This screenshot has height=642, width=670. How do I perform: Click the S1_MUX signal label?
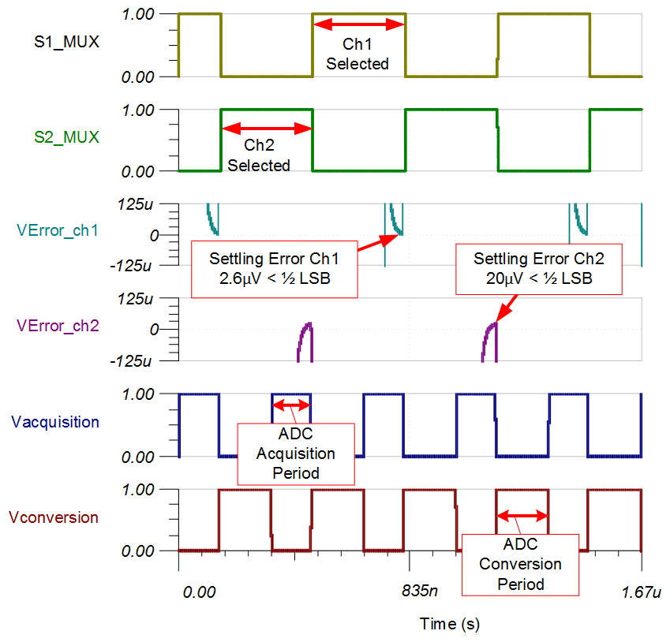pos(67,42)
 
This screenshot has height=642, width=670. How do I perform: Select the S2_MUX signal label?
pos(67,137)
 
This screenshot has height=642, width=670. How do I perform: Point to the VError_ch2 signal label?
pos(58,326)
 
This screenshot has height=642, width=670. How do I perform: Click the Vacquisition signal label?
pos(55,422)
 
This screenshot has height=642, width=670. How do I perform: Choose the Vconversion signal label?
pos(54,517)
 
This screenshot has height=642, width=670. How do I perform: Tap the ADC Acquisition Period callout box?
pos(296,454)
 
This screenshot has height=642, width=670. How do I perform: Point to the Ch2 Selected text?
pos(259,155)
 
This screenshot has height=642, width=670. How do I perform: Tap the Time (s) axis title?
pos(449,624)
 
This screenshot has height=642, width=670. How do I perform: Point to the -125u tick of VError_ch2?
pos(144,360)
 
